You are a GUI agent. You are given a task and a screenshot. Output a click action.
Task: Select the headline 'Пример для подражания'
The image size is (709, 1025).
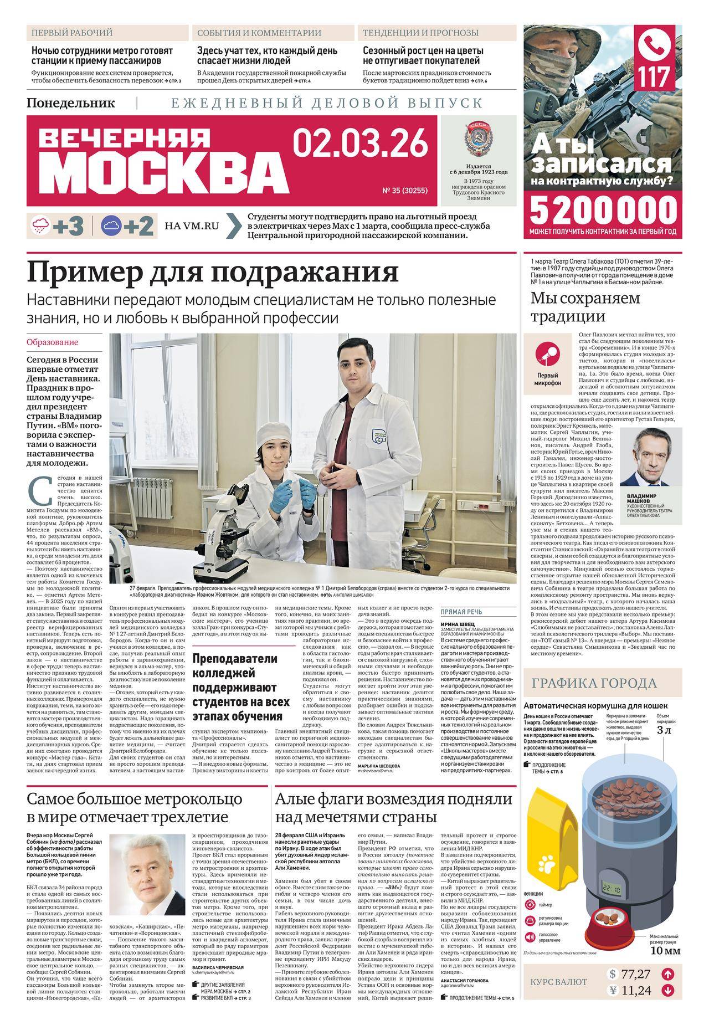pos(213,272)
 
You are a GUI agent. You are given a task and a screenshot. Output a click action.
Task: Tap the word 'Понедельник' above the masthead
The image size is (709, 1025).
pos(70,103)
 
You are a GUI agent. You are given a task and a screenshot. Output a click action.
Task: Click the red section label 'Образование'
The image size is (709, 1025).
pos(53,342)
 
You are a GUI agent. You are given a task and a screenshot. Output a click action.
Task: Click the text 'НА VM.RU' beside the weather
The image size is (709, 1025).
pos(192,225)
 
